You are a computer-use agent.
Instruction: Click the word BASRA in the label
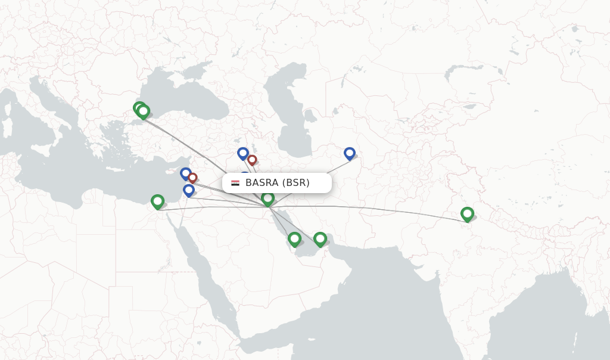coord(262,183)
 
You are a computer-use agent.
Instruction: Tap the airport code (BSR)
coord(295,183)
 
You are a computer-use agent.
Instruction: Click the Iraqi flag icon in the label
coord(235,183)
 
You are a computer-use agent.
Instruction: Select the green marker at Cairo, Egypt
coord(157,201)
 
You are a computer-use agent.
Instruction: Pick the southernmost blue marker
coord(189,190)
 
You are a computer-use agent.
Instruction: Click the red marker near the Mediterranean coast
coord(192,178)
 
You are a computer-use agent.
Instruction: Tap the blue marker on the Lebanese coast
coord(185,173)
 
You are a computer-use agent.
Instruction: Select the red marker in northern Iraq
coord(252,160)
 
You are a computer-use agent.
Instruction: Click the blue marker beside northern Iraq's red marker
coord(242,153)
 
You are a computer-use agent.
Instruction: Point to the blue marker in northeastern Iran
coord(349,153)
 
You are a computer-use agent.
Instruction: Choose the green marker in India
coord(467,213)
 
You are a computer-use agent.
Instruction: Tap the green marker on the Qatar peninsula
coord(294,238)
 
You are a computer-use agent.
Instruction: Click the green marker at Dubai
coord(320,238)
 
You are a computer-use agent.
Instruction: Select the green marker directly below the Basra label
coord(267,198)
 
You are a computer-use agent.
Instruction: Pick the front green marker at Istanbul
coord(143,111)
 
